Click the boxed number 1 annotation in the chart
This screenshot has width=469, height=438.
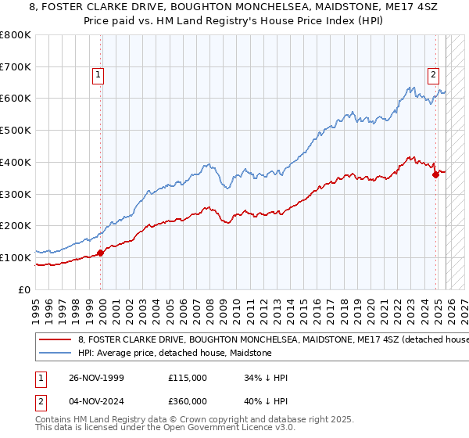pos(98,75)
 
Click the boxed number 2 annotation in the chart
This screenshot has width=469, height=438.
pos(432,75)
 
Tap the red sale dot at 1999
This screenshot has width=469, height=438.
pos(101,253)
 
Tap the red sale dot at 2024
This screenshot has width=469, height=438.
pos(435,174)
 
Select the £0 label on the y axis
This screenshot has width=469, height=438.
pos(24,289)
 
